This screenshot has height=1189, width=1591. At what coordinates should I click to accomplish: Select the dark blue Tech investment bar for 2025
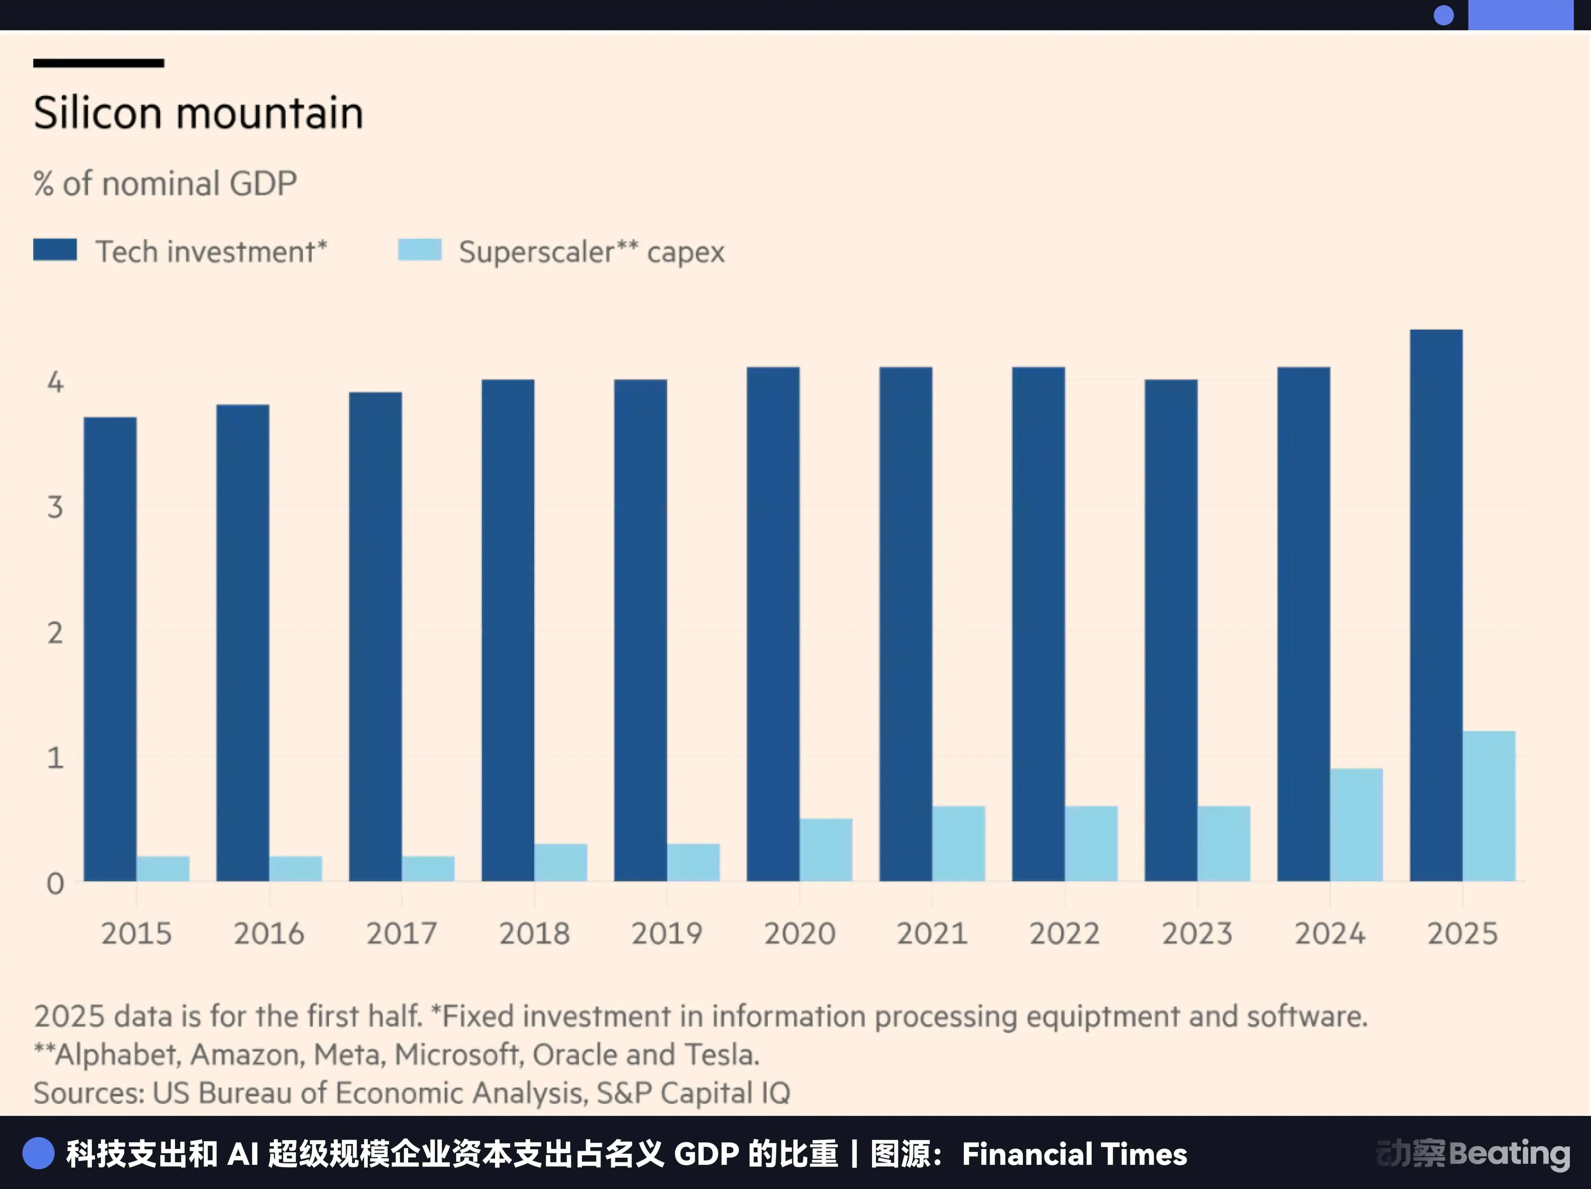[x=1436, y=604]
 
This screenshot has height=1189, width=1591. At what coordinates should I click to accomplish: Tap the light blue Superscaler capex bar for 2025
[x=1489, y=806]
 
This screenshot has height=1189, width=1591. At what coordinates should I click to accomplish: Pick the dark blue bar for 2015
[x=110, y=648]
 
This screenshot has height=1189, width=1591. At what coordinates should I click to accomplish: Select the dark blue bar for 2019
[x=640, y=630]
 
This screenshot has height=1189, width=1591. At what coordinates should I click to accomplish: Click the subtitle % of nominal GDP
[x=165, y=184]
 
